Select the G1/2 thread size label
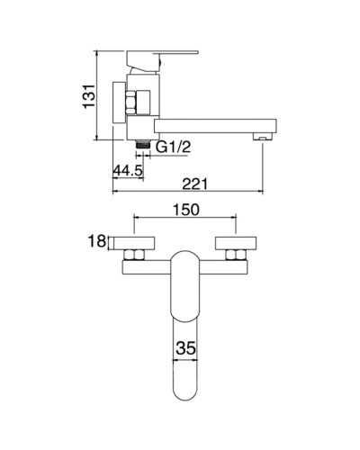[174, 148]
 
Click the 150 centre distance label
[184, 209]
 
